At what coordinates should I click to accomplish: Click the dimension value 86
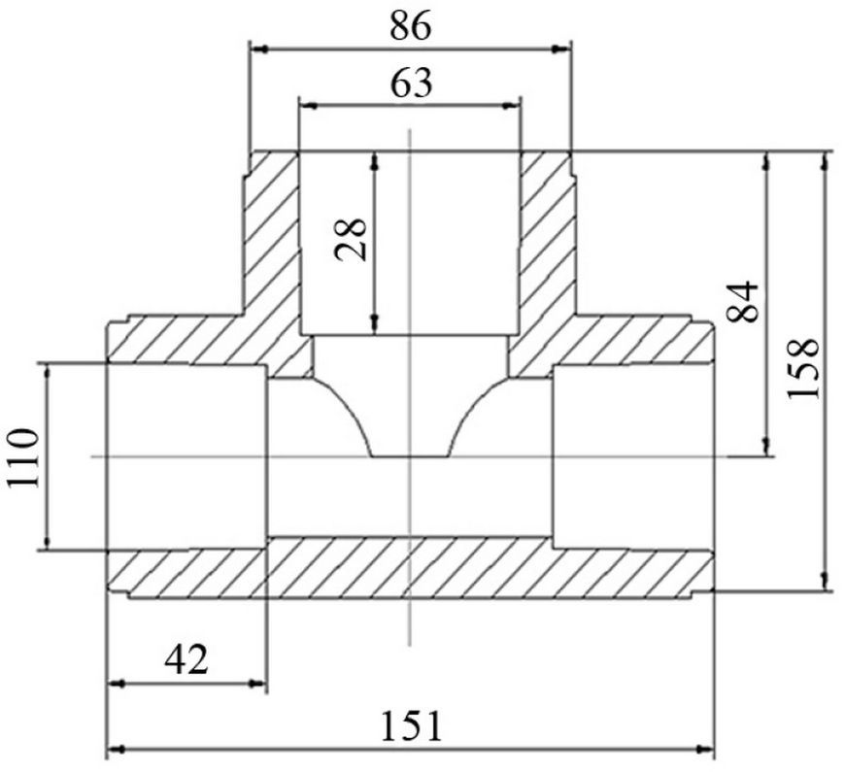411,26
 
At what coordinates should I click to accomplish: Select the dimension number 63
411,84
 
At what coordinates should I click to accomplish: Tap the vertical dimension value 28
351,240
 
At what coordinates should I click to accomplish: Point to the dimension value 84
743,302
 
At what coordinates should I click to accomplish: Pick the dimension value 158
803,368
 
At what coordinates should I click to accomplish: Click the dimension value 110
23,457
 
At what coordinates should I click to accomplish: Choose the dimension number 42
186,660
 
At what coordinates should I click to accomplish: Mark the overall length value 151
411,726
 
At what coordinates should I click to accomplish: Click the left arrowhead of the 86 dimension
260,50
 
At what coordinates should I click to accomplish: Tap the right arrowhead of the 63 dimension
512,106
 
